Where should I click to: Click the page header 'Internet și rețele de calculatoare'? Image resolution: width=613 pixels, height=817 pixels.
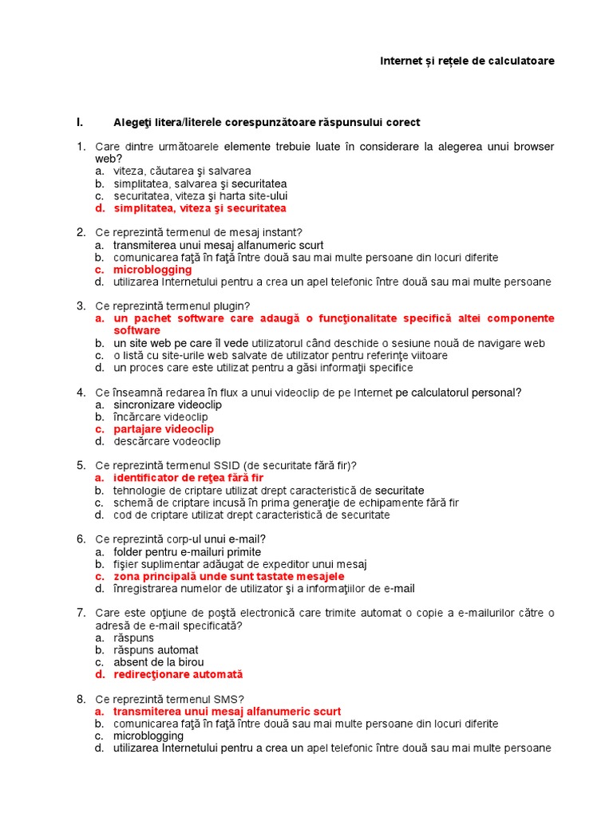pos(466,61)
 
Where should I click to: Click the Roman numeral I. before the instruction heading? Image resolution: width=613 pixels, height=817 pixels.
pos(80,122)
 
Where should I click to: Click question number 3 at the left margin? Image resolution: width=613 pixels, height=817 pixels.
pos(81,306)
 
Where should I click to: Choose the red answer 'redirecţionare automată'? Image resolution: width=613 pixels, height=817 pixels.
pos(178,674)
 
